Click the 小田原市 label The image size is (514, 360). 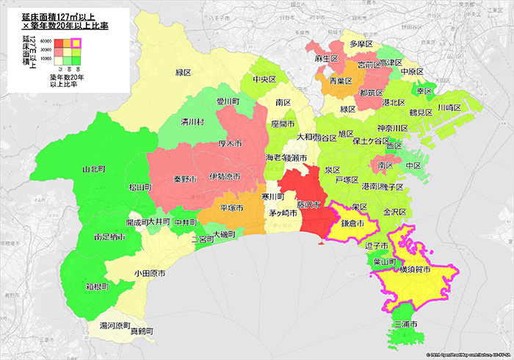pyautogui.click(x=149, y=273)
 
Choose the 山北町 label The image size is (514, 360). pyautogui.click(x=94, y=169)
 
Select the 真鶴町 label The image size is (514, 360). pyautogui.click(x=142, y=332)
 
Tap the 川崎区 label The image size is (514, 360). pyautogui.click(x=448, y=107)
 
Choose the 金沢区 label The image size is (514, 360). pyautogui.click(x=395, y=211)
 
